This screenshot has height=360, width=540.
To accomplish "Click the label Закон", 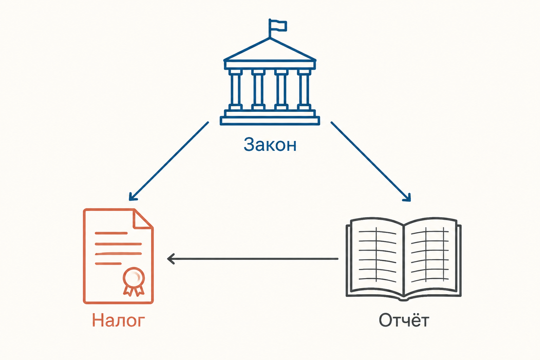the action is point(270,144).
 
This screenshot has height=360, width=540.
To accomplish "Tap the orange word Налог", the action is point(118,321).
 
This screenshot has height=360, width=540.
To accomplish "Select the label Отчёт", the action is point(404,320).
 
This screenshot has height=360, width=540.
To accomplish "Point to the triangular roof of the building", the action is point(270,50).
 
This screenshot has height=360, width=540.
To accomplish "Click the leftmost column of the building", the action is point(236,90).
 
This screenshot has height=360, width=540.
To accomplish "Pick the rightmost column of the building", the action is point(304,90).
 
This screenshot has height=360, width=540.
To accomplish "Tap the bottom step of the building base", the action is point(270,121).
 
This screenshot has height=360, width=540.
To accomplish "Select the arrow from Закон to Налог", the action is point(169,161).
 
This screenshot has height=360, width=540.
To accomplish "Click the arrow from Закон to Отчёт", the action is point(371,161).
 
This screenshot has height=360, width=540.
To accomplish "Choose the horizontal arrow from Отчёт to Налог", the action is point(253,259).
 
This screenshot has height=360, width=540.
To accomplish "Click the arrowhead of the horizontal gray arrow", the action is point(171,259).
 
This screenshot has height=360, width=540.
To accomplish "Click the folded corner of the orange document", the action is point(142,219).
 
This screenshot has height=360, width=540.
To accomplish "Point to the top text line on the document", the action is point(111,233).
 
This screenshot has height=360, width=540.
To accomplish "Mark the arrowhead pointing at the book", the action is point(407,198).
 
